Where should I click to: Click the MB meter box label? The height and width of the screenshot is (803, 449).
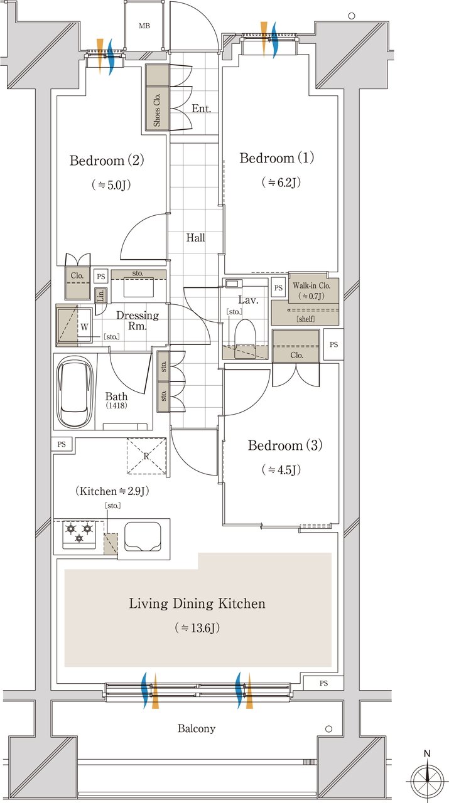coord(144,26)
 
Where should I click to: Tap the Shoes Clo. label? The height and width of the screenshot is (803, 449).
coord(157,110)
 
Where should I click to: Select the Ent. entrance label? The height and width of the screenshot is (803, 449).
coord(201,109)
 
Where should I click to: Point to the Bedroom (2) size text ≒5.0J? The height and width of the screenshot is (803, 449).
coord(111,185)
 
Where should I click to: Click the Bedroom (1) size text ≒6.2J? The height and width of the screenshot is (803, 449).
coord(281,183)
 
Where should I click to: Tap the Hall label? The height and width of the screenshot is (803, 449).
coord(195,237)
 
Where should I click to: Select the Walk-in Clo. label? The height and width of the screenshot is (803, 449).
coord(311,285)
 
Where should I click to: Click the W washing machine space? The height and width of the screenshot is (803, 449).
coord(84,327)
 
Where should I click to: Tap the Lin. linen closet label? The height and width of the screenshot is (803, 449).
coord(101,295)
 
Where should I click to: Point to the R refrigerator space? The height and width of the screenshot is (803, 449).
coord(146,456)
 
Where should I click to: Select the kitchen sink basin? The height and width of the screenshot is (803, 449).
coord(143,536)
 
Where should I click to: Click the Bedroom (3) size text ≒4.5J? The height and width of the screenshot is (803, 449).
coord(281,470)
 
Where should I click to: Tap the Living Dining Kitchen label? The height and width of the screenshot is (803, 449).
coord(197,604)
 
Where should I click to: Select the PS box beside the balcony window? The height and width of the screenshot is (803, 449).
coord(323,683)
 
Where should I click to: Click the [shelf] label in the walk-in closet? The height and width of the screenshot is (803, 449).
coord(305,319)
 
